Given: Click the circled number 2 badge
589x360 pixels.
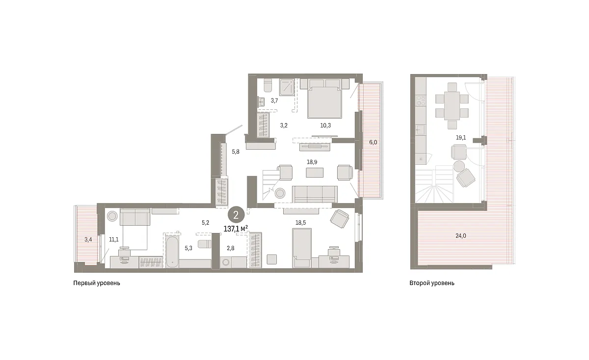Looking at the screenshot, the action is (x=236, y=215).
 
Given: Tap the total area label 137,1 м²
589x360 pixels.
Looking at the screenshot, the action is (x=236, y=229).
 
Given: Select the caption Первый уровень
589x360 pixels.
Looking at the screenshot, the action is (x=97, y=283).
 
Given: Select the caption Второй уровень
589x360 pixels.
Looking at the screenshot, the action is (x=432, y=283).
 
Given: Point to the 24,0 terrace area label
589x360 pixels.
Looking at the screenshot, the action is (x=461, y=236).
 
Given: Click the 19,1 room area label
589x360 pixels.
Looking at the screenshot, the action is (x=461, y=138).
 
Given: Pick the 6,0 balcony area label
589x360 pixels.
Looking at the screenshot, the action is (x=373, y=142).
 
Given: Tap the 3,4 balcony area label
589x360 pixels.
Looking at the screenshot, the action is (x=88, y=239).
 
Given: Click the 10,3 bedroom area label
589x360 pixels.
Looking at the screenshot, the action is (x=325, y=126).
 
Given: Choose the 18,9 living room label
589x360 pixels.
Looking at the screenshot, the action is (x=312, y=162).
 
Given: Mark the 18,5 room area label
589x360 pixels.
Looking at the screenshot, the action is (x=300, y=223).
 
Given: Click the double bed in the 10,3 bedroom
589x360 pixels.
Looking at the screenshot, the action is (x=325, y=102).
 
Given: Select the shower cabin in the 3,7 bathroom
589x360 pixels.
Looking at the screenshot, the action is (x=287, y=87).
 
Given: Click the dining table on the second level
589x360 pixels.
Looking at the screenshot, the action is (x=452, y=106).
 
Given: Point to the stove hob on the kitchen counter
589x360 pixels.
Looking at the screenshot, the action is (x=421, y=101).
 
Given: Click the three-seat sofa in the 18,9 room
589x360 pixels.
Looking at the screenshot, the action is (x=315, y=194).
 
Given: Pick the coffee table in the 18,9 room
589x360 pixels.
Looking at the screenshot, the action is (x=315, y=173).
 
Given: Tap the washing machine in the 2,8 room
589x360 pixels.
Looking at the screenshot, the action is (x=226, y=262).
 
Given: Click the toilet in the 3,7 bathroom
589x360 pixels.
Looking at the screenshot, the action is (x=268, y=85).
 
